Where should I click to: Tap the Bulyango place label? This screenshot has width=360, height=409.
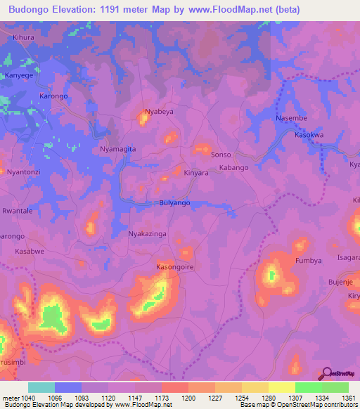172,202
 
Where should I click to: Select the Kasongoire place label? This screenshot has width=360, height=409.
174,268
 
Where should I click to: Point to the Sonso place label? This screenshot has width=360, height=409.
221,153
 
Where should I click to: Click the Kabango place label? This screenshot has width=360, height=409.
234,168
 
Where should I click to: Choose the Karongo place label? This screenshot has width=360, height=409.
53,96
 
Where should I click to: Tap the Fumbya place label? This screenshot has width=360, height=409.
308,260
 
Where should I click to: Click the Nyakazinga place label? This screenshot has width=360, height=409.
148,233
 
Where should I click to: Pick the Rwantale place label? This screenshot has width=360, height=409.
18,211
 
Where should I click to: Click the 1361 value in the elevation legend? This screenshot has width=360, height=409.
349,398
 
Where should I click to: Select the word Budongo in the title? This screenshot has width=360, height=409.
28,10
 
